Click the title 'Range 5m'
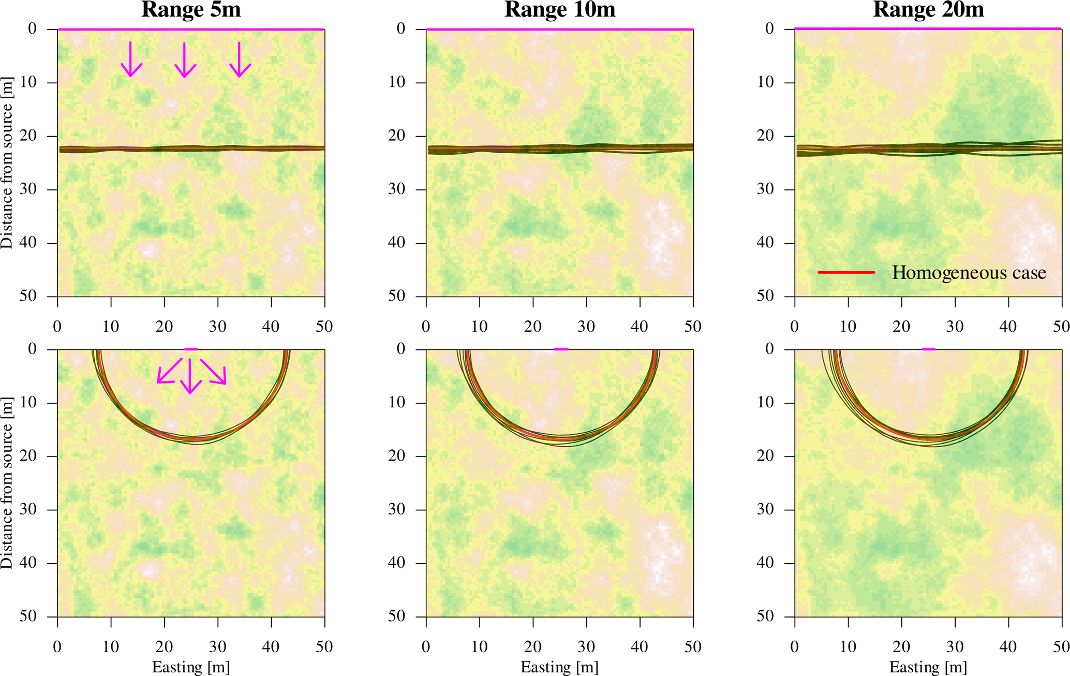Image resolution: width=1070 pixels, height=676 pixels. (191, 10)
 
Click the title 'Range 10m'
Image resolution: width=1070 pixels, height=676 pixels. (560, 10)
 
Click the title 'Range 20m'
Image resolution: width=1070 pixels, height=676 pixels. (928, 10)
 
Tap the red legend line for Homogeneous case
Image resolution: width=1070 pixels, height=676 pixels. (846, 272)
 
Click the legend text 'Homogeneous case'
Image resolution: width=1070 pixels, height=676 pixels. (969, 273)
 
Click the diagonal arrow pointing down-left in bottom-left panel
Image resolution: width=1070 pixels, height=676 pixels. (169, 371)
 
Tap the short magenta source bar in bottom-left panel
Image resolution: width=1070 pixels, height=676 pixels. (191, 349)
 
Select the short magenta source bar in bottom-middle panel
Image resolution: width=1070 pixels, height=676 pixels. (561, 349)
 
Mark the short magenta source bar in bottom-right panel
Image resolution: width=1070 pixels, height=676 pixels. (928, 349)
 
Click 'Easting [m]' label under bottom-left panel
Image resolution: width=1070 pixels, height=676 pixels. (191, 667)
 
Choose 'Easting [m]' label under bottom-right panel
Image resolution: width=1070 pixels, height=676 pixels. (928, 667)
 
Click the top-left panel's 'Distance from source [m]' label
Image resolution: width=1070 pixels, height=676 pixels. (7, 163)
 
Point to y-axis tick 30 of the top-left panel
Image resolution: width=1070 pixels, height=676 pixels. (32, 189)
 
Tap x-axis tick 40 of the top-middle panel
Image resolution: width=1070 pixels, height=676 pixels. (640, 327)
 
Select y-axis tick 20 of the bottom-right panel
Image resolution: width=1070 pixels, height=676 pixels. (769, 456)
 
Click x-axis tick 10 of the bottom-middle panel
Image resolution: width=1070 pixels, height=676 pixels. (479, 646)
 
